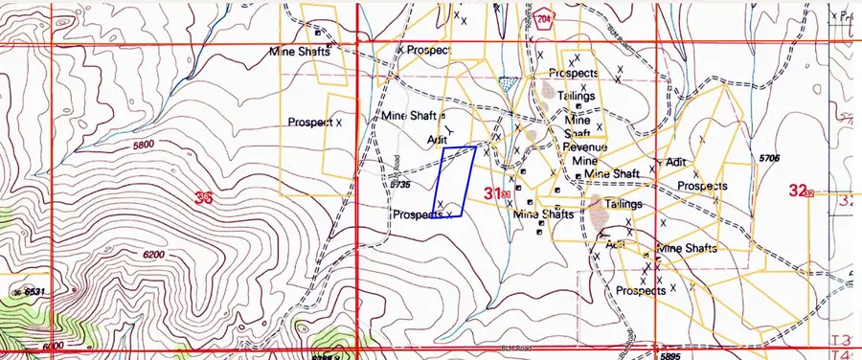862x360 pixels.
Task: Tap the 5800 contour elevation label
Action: (143, 145)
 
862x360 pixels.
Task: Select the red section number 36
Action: (202, 199)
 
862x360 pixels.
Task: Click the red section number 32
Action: (797, 191)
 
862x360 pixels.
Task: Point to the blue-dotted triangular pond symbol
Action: (509, 84)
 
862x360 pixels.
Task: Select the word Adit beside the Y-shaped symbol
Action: (438, 139)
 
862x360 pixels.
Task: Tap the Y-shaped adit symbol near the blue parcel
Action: (449, 127)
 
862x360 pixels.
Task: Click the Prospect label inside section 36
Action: (309, 123)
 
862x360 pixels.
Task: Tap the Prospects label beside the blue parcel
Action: (418, 215)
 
